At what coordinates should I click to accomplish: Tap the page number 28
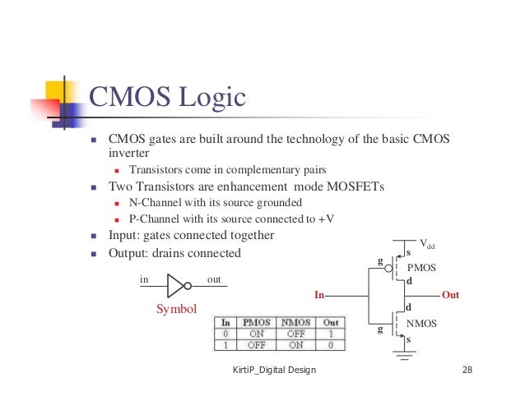(x=467, y=370)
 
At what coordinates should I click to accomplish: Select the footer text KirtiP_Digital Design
(x=274, y=370)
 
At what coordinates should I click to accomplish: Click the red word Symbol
(x=177, y=310)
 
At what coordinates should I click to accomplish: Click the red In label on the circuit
(x=321, y=293)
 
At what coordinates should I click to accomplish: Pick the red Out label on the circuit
(x=451, y=293)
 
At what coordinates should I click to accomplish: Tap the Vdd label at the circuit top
(x=428, y=243)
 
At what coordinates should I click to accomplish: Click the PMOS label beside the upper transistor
(x=421, y=268)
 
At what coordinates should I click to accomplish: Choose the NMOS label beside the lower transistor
(x=422, y=324)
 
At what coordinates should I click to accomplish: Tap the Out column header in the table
(x=331, y=323)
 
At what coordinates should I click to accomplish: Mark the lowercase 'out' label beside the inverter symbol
(x=215, y=279)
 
